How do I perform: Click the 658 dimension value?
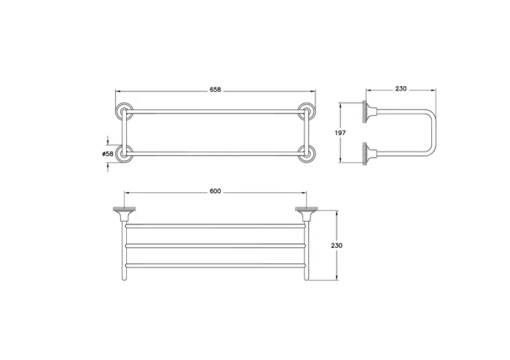click(x=215, y=89)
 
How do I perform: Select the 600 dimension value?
click(x=215, y=191)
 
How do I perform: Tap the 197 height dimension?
click(x=340, y=133)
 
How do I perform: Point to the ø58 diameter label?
click(x=108, y=154)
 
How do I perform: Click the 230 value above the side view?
click(x=401, y=88)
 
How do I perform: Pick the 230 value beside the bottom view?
click(x=337, y=245)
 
